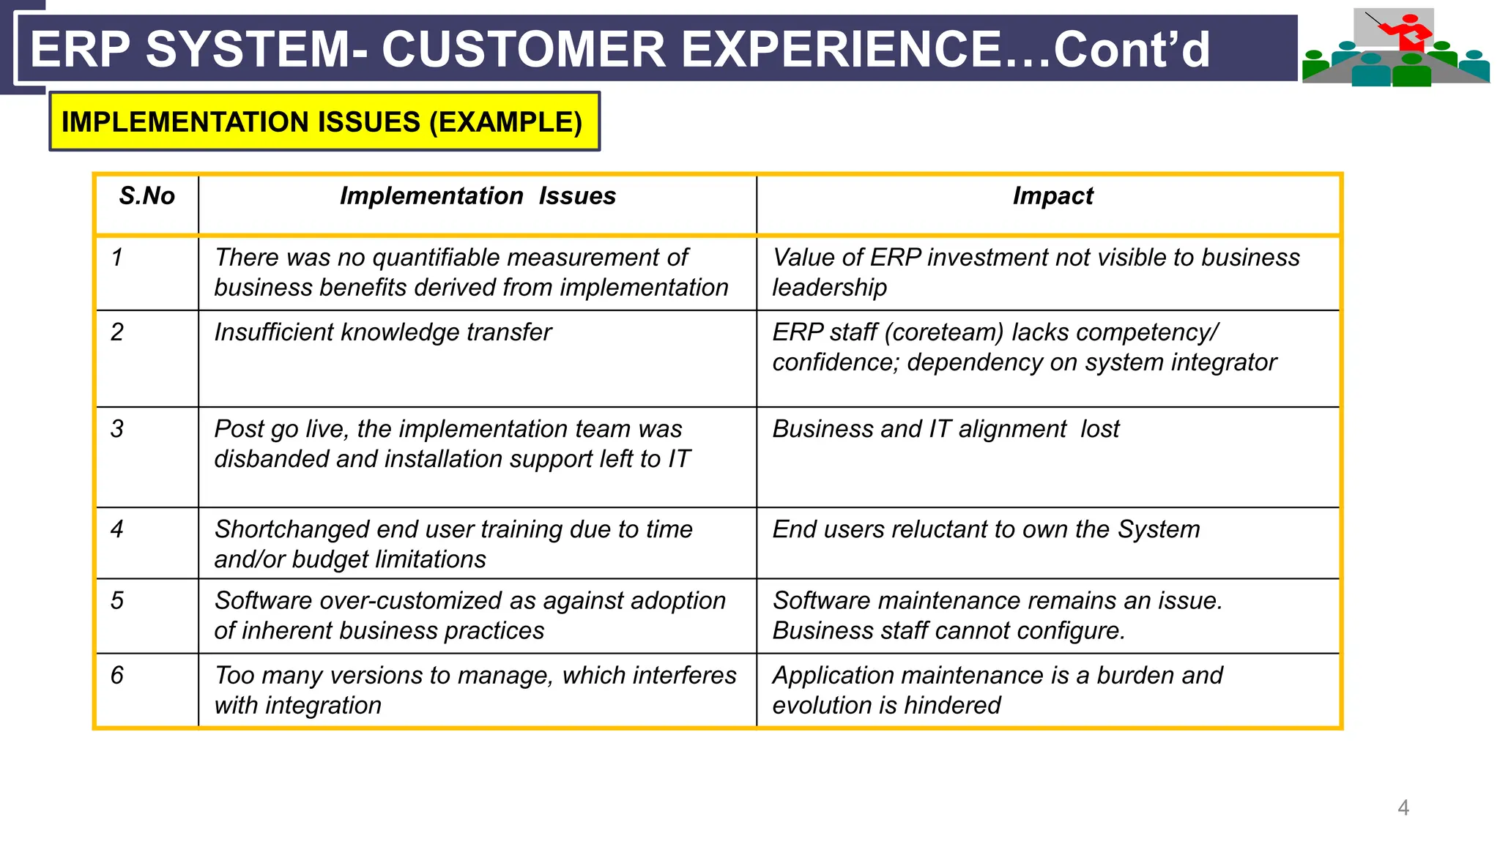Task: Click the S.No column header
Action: [147, 196]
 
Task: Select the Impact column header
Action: [1052, 196]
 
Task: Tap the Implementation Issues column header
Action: [478, 196]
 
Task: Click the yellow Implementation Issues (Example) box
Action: [324, 122]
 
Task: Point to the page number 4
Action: [1403, 807]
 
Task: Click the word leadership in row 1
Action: [829, 288]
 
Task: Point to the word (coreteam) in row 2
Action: [944, 332]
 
